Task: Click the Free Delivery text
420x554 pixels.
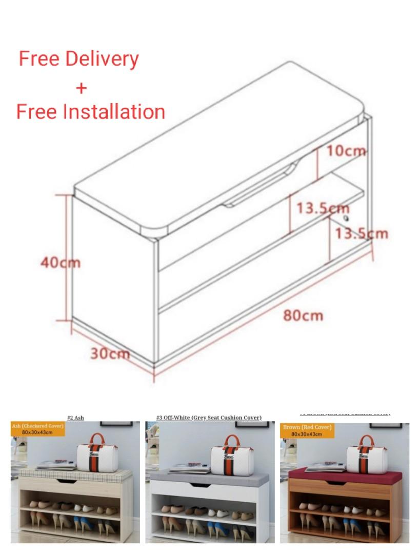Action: pos(78,58)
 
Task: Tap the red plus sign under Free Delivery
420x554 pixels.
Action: pos(81,88)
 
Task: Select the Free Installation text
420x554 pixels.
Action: pos(91,111)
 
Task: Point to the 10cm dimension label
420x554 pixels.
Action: pos(347,150)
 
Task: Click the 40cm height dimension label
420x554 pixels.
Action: pos(61,262)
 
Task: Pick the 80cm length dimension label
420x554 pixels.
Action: pos(304,314)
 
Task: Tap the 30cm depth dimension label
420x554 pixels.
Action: pos(110,353)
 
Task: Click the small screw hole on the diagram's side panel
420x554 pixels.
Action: pos(346,218)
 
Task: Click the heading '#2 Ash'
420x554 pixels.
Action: pos(75,418)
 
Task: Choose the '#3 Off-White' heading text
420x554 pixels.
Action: pos(209,418)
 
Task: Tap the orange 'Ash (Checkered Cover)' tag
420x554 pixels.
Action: pos(38,429)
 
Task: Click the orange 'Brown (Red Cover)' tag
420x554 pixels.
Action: pos(307,430)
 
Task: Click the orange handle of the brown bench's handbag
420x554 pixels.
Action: pos(366,441)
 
